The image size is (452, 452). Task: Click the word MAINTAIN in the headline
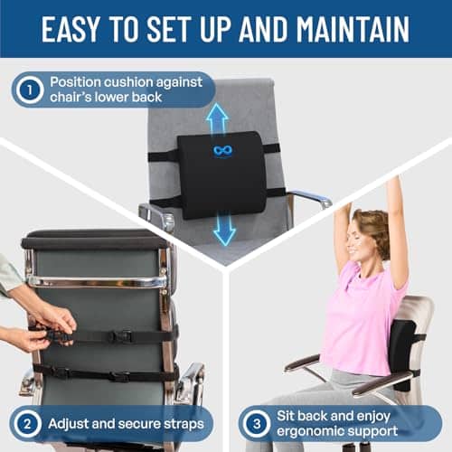[x=353, y=29]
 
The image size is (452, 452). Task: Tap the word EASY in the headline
[x=70, y=29]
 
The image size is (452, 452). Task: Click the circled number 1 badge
[x=29, y=90]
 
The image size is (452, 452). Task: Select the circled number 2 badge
[x=27, y=424]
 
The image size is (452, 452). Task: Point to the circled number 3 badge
[x=257, y=424]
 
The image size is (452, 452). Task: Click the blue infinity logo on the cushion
[x=222, y=150]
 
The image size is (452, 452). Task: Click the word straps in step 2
[x=184, y=424]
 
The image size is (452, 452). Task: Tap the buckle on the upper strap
[x=121, y=336]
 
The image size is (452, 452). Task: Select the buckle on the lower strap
[x=120, y=376]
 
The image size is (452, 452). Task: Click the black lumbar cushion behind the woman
[x=401, y=354]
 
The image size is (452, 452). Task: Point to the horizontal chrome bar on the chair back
[x=97, y=281]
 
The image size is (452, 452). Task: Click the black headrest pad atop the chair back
[x=93, y=239]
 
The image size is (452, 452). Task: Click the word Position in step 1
[x=72, y=82]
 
